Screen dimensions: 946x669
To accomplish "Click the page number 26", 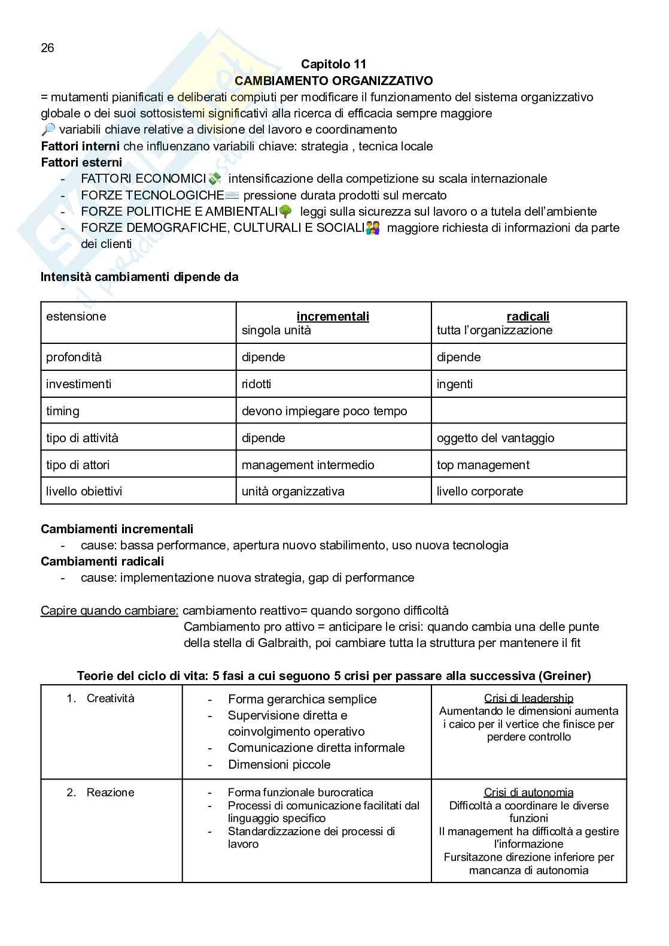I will click(x=47, y=48).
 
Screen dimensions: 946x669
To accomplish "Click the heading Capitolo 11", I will click(x=333, y=64).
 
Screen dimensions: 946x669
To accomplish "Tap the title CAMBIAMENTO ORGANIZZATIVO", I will click(x=333, y=80).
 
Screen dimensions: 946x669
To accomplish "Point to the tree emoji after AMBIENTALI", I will click(x=285, y=211).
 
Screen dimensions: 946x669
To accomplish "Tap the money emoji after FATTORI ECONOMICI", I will click(x=215, y=179).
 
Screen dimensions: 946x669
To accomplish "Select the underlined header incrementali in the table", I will click(x=333, y=316).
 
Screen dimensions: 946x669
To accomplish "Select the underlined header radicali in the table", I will click(x=528, y=316).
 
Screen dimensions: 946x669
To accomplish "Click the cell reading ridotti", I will click(x=256, y=384).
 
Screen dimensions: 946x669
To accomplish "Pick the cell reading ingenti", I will click(x=455, y=384).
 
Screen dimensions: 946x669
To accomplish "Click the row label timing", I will click(x=63, y=411).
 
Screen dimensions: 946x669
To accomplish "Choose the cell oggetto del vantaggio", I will click(x=495, y=438).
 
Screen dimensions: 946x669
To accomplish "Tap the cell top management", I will click(x=483, y=465).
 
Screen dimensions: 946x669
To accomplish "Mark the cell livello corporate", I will click(x=480, y=491).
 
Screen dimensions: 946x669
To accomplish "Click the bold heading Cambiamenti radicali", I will click(x=102, y=561).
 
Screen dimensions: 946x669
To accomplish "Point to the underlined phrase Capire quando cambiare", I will click(x=110, y=610).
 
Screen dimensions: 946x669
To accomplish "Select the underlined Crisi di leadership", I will click(x=528, y=698).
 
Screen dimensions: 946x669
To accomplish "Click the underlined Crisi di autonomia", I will click(x=528, y=793).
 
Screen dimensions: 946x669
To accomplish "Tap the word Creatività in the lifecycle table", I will click(x=111, y=698).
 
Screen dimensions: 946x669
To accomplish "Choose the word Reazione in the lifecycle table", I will click(x=111, y=793).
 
